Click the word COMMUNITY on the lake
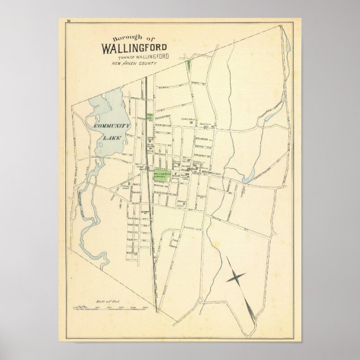pos(112,126)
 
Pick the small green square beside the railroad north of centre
pos(150,116)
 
